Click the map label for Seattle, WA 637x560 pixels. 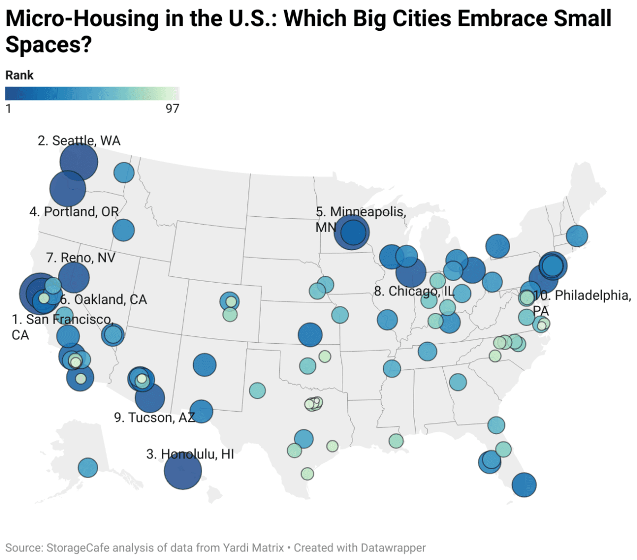(79, 141)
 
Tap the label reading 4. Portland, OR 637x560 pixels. (74, 211)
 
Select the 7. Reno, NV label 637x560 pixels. (81, 258)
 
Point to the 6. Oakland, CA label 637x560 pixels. (103, 300)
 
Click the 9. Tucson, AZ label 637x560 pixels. (154, 418)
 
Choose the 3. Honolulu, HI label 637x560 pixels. (190, 454)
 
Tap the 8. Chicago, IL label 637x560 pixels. (415, 291)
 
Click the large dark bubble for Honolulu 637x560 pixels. (183, 471)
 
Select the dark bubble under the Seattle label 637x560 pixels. (79, 162)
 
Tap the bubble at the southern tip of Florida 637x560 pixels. (524, 485)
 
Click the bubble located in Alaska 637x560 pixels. (88, 468)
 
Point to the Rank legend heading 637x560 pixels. (20, 75)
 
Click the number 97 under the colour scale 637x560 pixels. (173, 109)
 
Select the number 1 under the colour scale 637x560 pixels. (8, 109)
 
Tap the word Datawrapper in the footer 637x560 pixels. (393, 548)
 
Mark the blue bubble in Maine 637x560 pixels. (577, 235)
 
